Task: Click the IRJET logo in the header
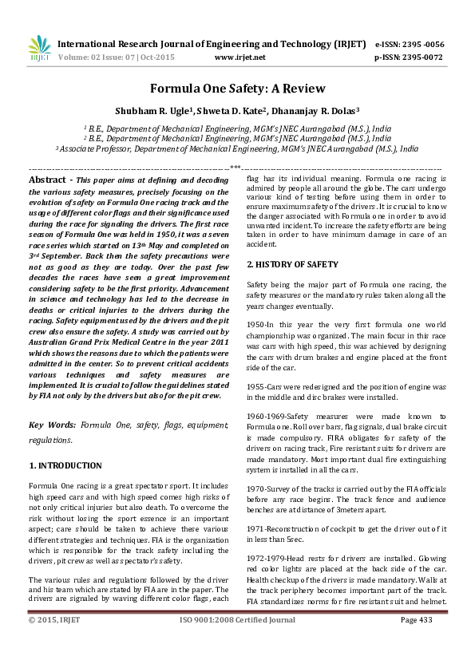tap(39, 49)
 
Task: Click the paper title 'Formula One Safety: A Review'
tap(236, 89)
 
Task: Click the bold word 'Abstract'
tap(47, 181)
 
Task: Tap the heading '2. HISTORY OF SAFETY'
tap(292, 264)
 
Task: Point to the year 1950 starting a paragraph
tap(255, 326)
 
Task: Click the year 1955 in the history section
tap(255, 385)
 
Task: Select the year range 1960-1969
tap(265, 416)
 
